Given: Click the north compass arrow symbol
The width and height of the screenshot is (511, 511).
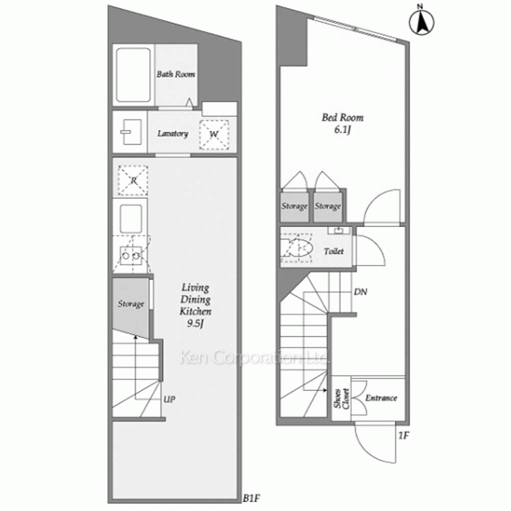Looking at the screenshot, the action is [422, 21].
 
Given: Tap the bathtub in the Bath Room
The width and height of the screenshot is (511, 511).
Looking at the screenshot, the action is [133, 75].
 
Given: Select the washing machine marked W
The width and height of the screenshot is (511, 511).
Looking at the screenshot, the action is [214, 134].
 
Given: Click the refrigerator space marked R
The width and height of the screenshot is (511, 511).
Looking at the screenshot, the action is [133, 180].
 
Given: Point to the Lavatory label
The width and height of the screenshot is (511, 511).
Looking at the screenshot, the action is [173, 133].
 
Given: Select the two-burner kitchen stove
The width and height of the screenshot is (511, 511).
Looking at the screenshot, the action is [131, 255].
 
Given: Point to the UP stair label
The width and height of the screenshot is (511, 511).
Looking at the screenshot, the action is [169, 399].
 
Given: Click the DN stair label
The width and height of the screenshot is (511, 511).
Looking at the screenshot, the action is [360, 292].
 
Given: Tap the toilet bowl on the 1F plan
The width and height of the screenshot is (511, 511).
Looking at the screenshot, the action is [300, 248].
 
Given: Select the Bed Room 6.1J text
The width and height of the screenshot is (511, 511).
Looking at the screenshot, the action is [342, 124].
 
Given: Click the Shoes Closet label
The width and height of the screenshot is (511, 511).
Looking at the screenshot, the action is [341, 399].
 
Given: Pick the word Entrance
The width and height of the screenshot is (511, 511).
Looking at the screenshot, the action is [381, 398].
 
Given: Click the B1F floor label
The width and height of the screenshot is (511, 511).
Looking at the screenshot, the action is [251, 498].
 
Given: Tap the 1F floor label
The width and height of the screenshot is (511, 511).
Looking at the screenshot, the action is [404, 435].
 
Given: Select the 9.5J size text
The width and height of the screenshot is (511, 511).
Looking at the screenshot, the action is [195, 323].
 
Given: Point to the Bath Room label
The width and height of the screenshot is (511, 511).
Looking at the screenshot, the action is [176, 74].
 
